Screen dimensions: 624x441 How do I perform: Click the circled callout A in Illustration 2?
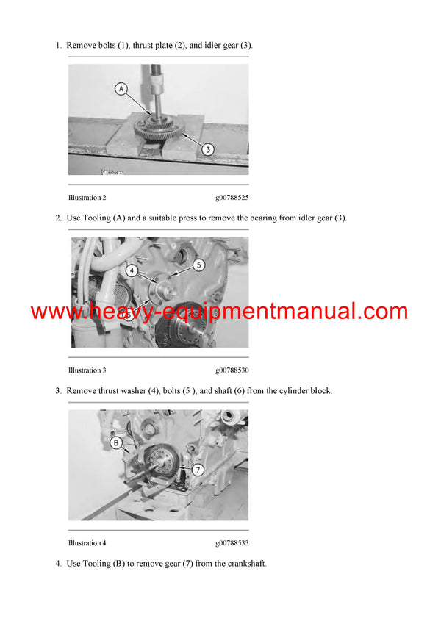tap(121, 89)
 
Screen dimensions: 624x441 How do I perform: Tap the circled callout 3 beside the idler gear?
tap(208, 149)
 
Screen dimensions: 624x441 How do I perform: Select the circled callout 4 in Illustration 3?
tap(132, 270)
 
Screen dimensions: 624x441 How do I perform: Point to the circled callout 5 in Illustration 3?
tap(198, 264)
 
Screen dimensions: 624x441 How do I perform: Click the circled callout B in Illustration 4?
tap(115, 442)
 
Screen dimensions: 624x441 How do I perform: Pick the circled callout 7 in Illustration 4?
tap(198, 468)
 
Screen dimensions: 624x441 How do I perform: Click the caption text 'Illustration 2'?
tap(87, 198)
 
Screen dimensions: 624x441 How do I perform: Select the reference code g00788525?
tap(232, 198)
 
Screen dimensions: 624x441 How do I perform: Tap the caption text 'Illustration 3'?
tap(87, 370)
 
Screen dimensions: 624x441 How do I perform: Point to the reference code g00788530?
tap(232, 370)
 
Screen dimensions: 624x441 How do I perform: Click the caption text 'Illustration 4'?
tap(87, 543)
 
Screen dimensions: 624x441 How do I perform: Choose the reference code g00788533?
tap(232, 543)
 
